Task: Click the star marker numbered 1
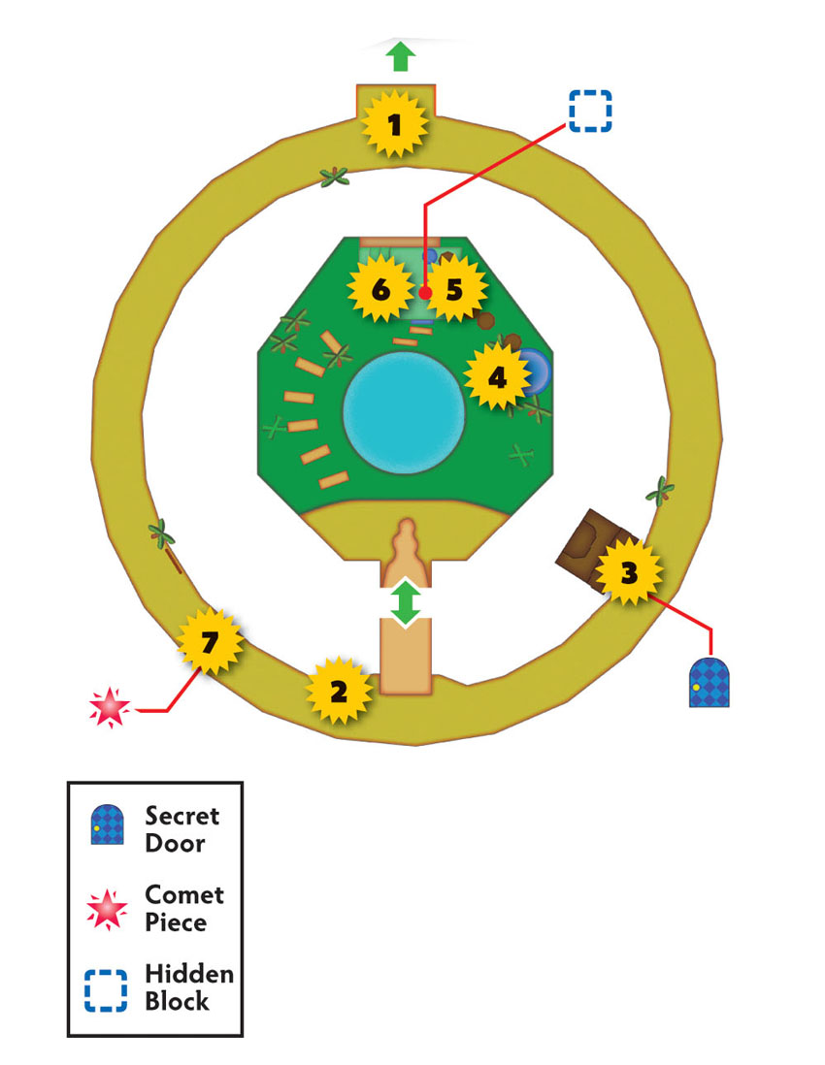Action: coord(395,124)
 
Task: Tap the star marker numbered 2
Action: coord(339,691)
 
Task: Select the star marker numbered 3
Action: coord(629,572)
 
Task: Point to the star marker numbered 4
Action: coord(498,376)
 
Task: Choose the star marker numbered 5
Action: coord(454,289)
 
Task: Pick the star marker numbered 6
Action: coord(380,289)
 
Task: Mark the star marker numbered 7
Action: coord(210,641)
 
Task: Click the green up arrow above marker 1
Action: coord(401,56)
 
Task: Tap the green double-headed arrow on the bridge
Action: coord(406,602)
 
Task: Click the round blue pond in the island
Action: coord(405,413)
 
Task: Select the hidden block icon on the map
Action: coord(590,111)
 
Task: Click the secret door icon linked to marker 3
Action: coord(709,683)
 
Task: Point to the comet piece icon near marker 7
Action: coord(110,708)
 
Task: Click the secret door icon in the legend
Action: coord(108,824)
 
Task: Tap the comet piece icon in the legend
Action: coord(107,909)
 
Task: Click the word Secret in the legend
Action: coord(182,815)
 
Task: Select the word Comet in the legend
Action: coord(184,894)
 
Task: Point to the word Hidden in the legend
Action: coord(189,974)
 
